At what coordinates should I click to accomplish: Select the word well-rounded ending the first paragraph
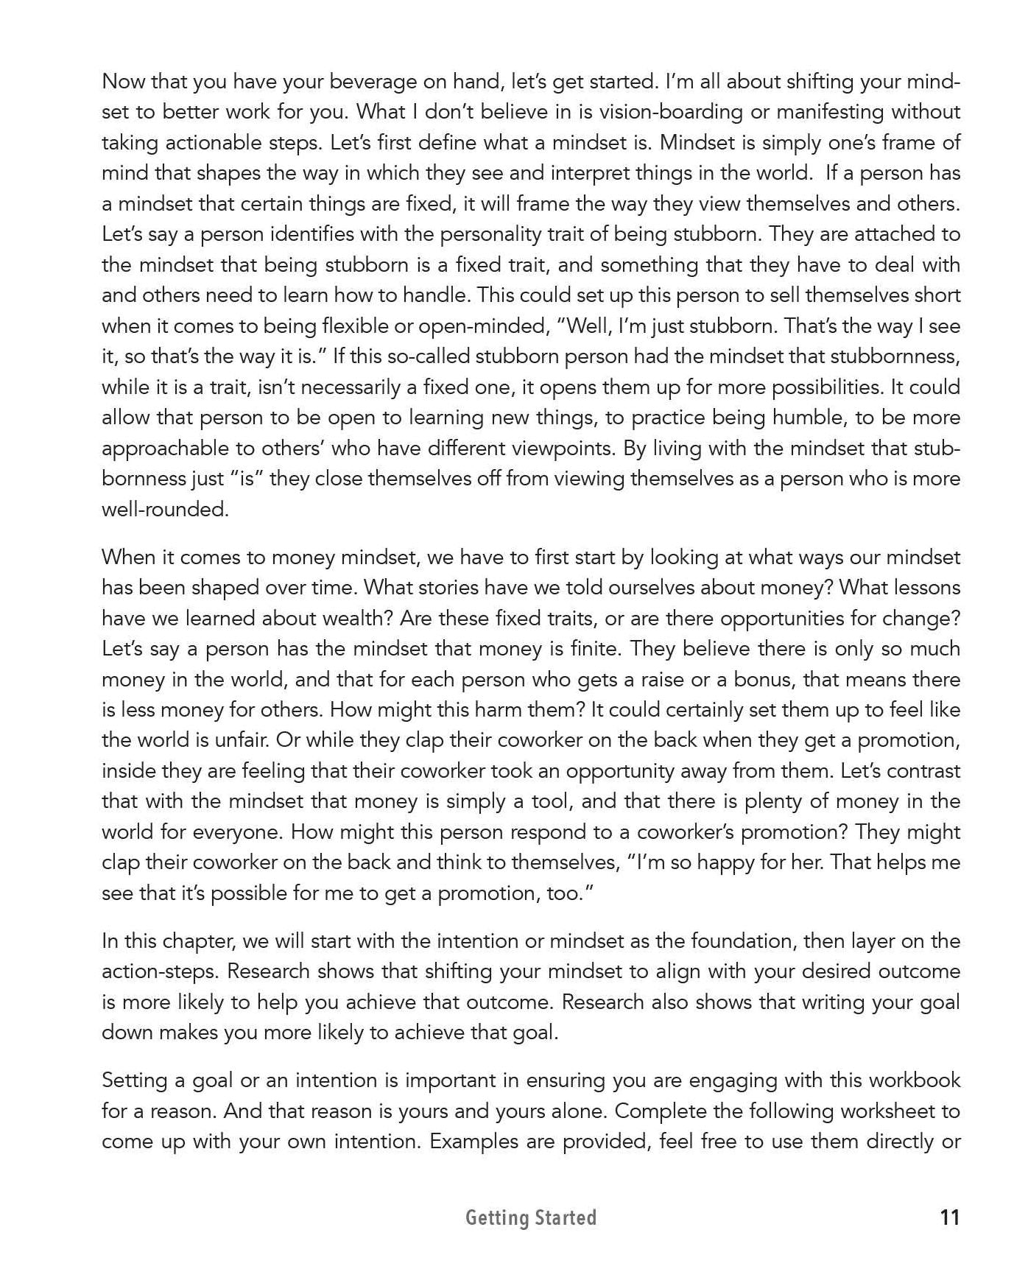(x=165, y=510)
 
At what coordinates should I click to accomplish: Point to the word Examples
(x=475, y=1142)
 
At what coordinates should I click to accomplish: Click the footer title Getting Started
(x=530, y=1218)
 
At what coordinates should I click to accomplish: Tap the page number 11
(x=950, y=1218)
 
